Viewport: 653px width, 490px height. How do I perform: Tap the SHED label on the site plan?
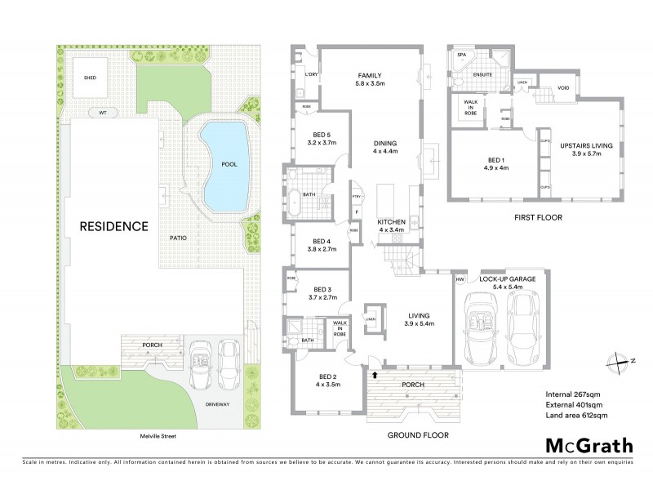pyautogui.click(x=90, y=78)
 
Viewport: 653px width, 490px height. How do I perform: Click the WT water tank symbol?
pyautogui.click(x=103, y=112)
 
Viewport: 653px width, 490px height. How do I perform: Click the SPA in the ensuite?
pyautogui.click(x=461, y=56)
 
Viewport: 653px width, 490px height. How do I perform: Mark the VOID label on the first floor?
pyautogui.click(x=563, y=87)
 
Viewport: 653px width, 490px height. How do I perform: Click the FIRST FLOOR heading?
pyautogui.click(x=537, y=218)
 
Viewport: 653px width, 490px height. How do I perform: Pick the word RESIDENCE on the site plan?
pyautogui.click(x=113, y=225)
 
